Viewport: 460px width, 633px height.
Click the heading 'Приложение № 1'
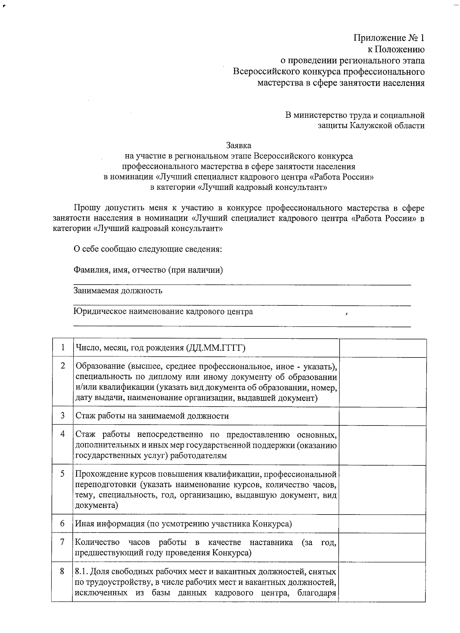pos(388,38)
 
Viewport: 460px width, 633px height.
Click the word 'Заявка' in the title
pos(238,146)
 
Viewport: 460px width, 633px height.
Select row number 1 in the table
pos(62,348)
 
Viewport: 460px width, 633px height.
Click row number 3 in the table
pos(62,415)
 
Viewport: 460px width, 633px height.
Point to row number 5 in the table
pos(62,473)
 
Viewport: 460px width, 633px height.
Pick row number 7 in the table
pos(62,542)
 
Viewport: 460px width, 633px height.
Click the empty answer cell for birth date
pos(383,348)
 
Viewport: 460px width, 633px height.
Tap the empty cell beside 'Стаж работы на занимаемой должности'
pos(383,416)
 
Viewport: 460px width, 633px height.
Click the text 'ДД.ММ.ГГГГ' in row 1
pos(215,348)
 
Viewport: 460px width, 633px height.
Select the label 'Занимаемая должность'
pos(118,290)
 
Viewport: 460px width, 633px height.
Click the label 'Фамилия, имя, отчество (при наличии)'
pos(148,270)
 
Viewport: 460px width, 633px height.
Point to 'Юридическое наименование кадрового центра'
pos(163,311)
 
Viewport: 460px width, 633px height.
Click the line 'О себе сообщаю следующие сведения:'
pos(148,249)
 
